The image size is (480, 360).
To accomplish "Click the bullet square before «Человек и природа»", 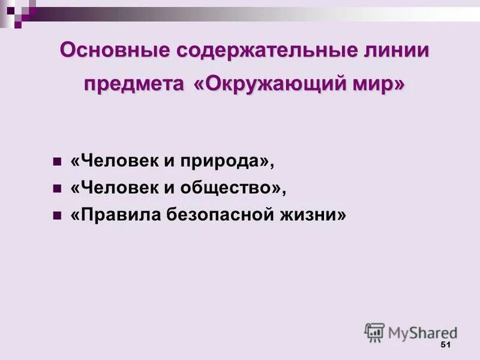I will click(58, 163).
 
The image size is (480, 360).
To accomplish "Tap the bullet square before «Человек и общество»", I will click(58, 189).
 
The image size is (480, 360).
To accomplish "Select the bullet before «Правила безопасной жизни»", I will click(58, 215).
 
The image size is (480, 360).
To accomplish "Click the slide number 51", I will click(445, 344).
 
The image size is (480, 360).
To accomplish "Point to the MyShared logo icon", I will click(374, 332).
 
